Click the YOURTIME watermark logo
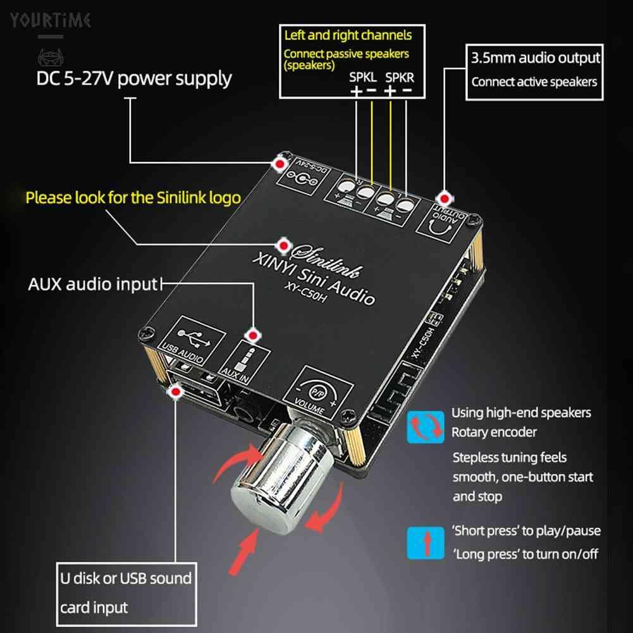pyautogui.click(x=50, y=20)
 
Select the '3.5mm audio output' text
pyautogui.click(x=535, y=59)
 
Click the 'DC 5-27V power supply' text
pyautogui.click(x=133, y=78)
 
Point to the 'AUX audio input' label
pyautogui.click(x=92, y=284)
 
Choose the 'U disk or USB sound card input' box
pyautogui.click(x=125, y=593)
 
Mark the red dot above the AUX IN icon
pyautogui.click(x=253, y=335)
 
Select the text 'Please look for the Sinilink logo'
pyautogui.click(x=133, y=197)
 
